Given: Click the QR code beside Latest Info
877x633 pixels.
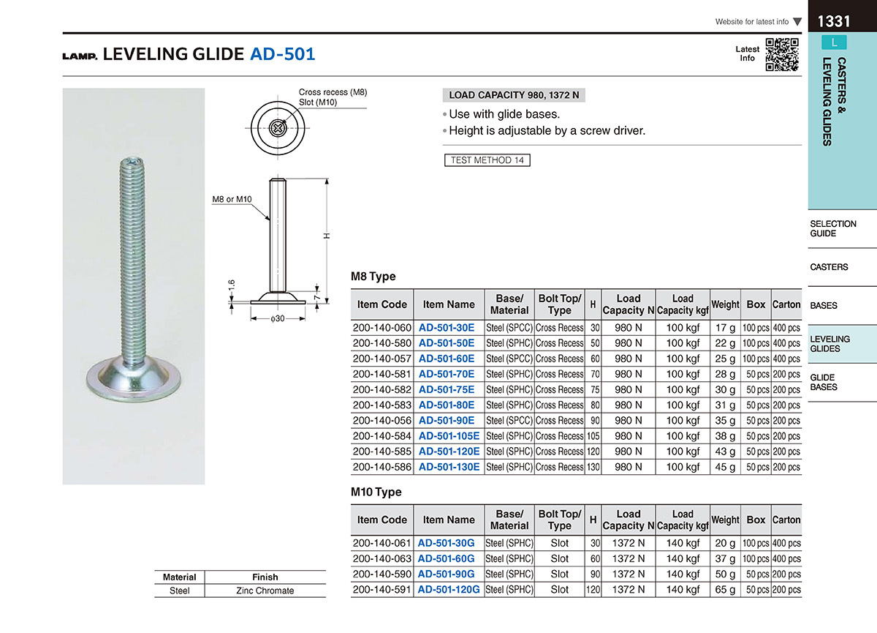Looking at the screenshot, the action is tap(782, 54).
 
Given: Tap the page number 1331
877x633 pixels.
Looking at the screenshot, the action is tap(834, 21).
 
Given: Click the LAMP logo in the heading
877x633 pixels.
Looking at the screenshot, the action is tap(80, 56).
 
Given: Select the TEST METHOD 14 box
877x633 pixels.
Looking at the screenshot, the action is tap(487, 160).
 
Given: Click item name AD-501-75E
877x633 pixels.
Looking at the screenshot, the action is tap(447, 389).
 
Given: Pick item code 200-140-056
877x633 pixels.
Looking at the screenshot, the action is tap(381, 421).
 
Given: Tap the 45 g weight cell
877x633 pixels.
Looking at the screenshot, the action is tap(725, 467).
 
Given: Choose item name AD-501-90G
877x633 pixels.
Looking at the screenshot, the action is tap(446, 574).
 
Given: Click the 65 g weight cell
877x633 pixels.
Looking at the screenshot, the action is tap(725, 590).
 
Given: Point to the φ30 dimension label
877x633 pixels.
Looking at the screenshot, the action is tap(278, 318).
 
